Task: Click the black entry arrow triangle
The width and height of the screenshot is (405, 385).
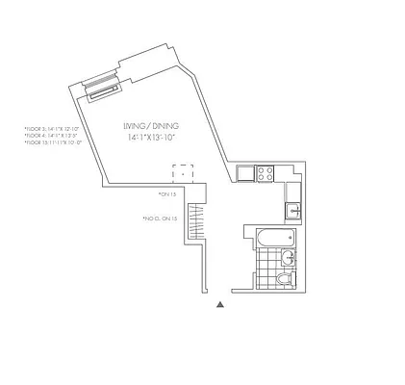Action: (x=220, y=305)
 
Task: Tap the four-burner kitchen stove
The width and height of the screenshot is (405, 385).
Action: (x=266, y=174)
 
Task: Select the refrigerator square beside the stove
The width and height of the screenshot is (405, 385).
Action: (x=245, y=174)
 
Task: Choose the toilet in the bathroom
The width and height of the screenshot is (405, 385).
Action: (x=284, y=279)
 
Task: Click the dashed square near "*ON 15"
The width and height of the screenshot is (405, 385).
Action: (x=183, y=174)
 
